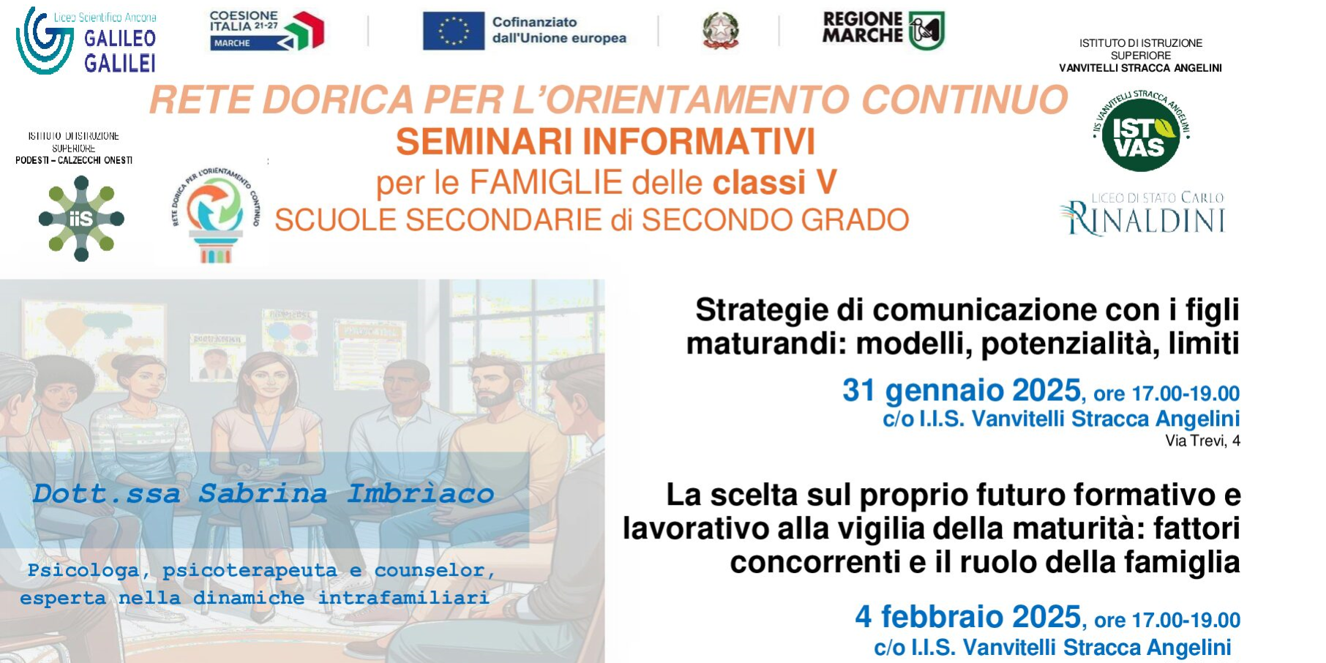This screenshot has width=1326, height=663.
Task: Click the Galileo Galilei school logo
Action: point(86,42)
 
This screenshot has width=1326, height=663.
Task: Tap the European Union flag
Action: point(453,31)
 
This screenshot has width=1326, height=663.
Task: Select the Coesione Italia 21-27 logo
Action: point(266,30)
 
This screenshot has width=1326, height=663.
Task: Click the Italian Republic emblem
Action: point(720,31)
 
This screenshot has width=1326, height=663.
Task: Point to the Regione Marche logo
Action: point(883,30)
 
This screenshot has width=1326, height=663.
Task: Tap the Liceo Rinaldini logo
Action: point(1143,214)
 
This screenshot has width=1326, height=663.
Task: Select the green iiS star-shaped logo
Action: point(81,219)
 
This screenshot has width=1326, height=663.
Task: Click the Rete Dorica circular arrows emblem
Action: point(215,208)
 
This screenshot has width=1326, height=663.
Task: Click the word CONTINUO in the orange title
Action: point(964,100)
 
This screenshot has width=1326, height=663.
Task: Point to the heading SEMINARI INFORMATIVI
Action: point(605,142)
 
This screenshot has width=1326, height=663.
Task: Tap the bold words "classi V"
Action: point(774,183)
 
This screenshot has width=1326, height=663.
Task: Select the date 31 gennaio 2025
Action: point(961,391)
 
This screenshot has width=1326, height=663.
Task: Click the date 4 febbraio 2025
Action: point(967,617)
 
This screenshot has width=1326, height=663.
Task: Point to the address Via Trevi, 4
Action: point(1202,441)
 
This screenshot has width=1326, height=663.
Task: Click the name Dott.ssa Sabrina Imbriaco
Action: point(263,494)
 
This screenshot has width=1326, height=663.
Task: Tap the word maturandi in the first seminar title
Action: point(765,343)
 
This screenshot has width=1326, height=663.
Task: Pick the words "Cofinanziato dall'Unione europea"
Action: point(558,30)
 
